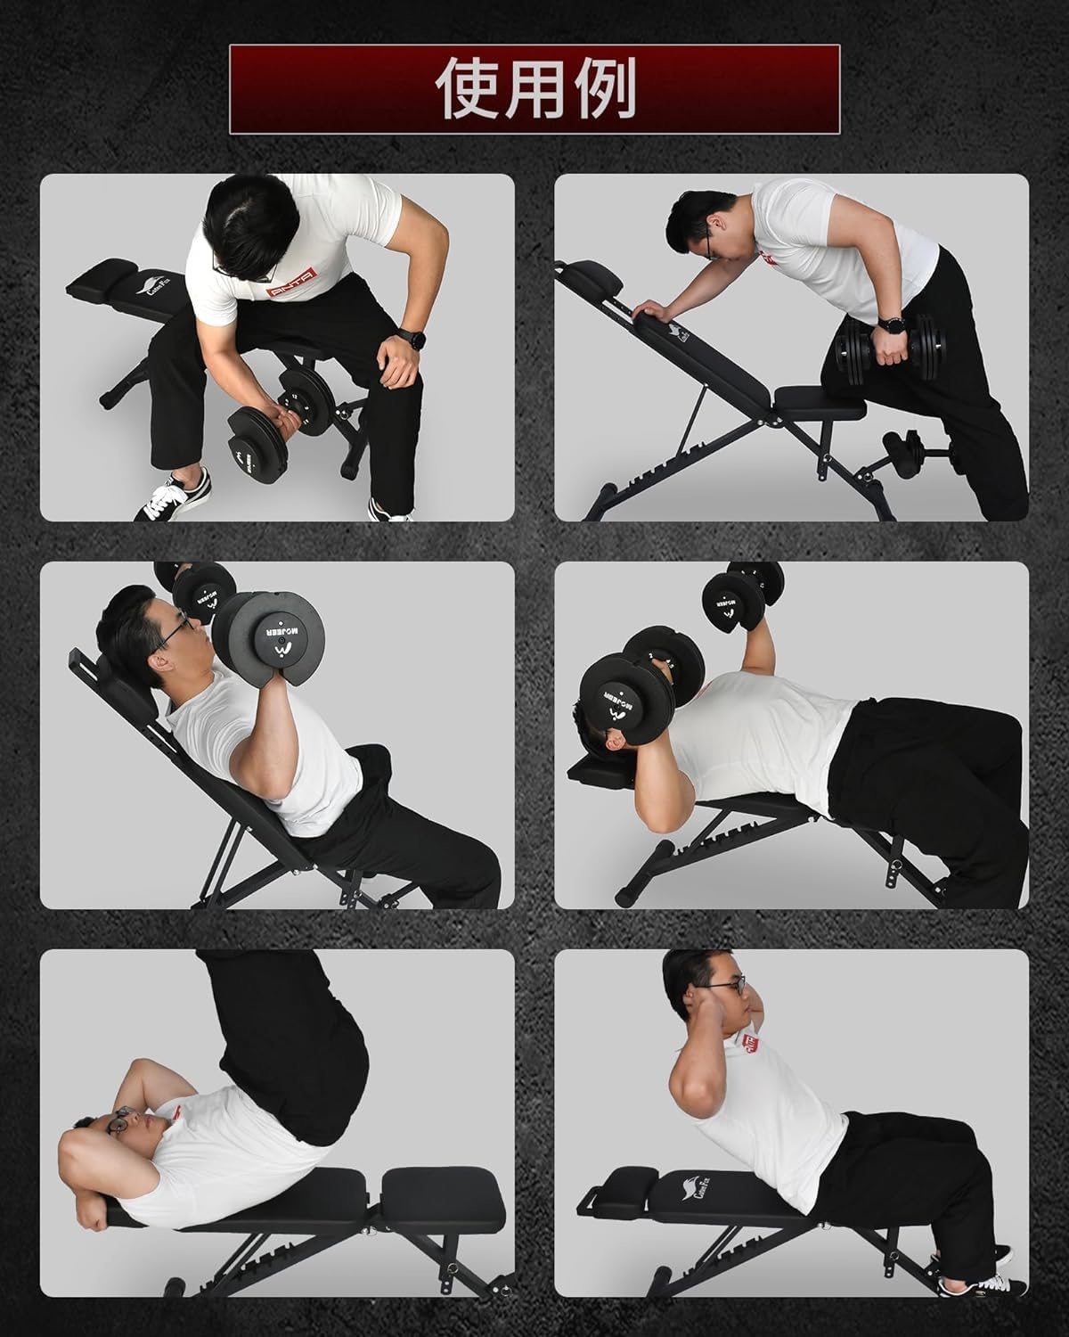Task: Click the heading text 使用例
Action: click(535, 89)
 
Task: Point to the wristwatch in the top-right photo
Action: click(889, 323)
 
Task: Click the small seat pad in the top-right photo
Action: click(820, 403)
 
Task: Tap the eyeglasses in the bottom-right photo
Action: click(730, 986)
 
